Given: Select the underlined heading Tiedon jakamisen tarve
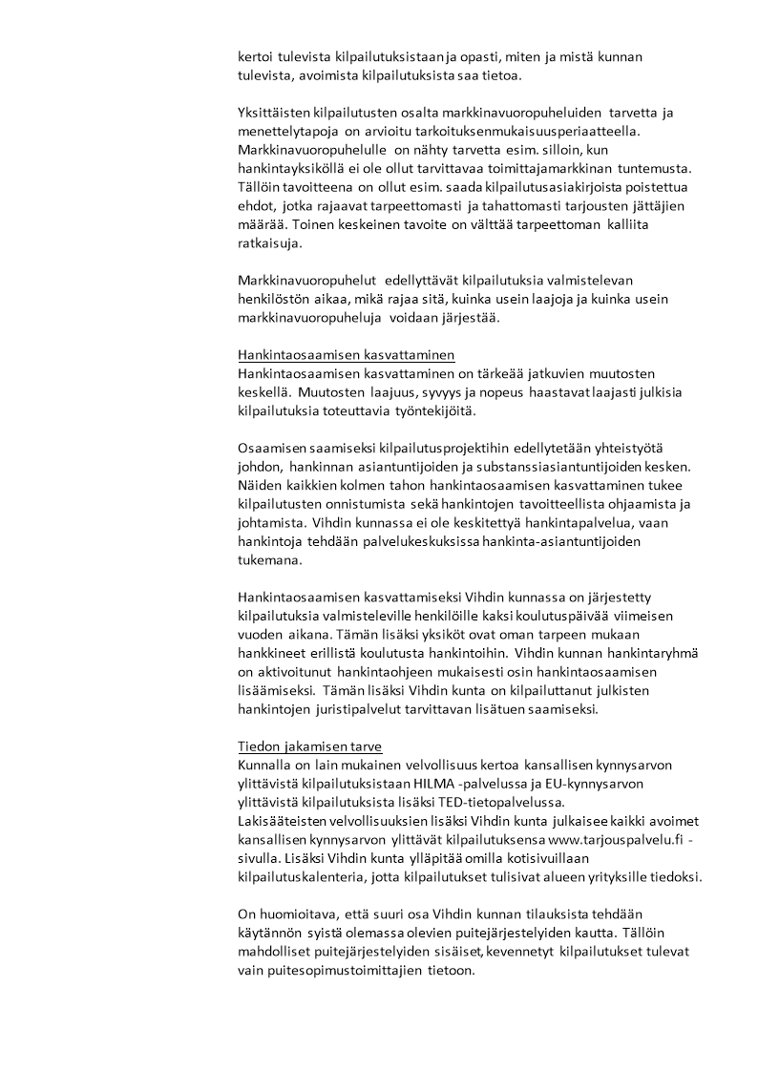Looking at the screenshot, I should click(x=309, y=745).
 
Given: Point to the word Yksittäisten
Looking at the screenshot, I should click(x=274, y=113).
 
